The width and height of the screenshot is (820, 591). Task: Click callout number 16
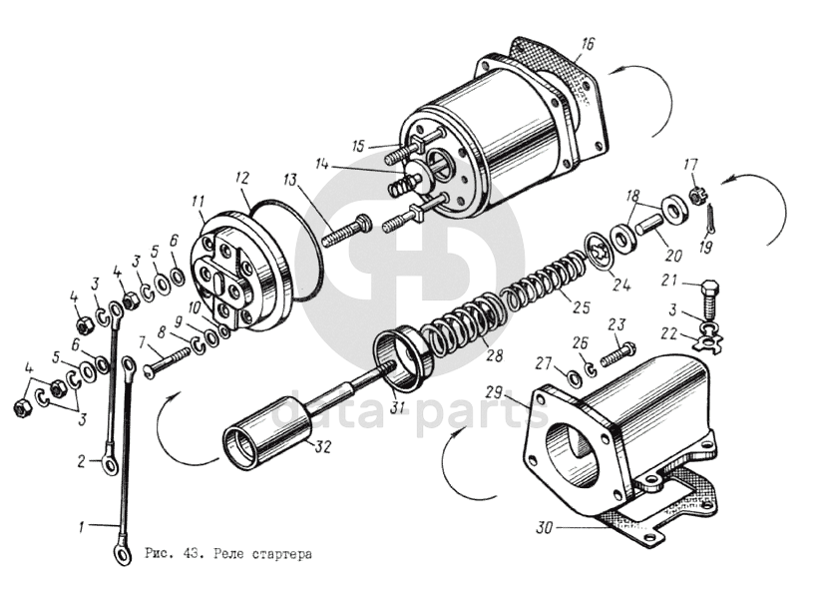point(588,43)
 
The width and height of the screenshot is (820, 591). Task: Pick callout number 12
point(242,177)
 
